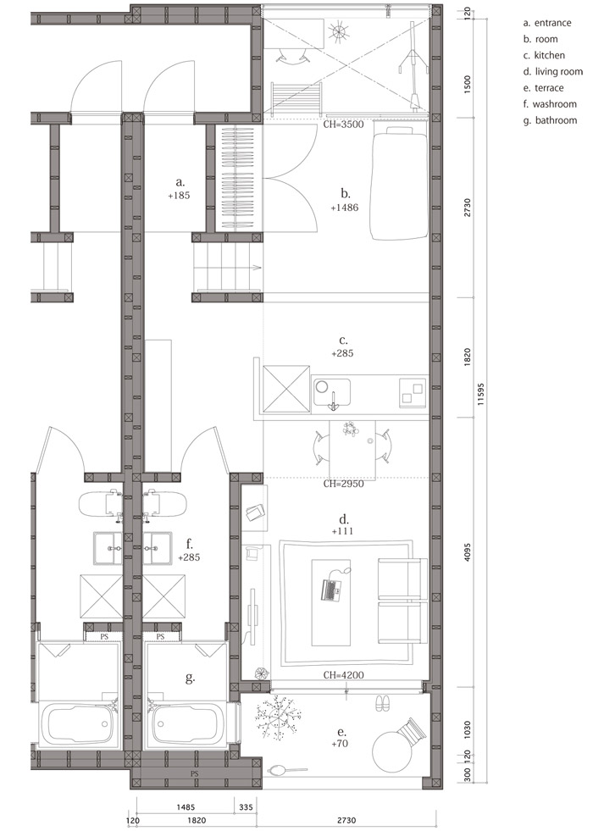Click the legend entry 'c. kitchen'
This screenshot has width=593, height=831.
pos(544,55)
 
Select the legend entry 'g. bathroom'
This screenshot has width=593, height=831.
pos(550,120)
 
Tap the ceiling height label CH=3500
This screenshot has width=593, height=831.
pos(343,125)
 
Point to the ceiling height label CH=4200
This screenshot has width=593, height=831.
pos(343,675)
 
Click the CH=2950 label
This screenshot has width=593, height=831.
pos(343,484)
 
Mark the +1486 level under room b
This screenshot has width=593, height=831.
pos(345,208)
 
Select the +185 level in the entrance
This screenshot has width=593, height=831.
pos(179,195)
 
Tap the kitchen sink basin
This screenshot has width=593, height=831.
pos(331,392)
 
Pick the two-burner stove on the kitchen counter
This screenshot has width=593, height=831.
pos(413,392)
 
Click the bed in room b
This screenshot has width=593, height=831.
pos(399,183)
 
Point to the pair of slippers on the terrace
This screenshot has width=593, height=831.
pos(382,703)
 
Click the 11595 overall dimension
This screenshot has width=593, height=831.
pos(480,394)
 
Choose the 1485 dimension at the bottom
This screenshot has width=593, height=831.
pos(185,807)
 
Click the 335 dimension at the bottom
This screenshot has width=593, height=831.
pos(246,807)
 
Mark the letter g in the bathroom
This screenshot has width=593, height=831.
pos(190,678)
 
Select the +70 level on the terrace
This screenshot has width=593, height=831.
pos(340,744)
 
